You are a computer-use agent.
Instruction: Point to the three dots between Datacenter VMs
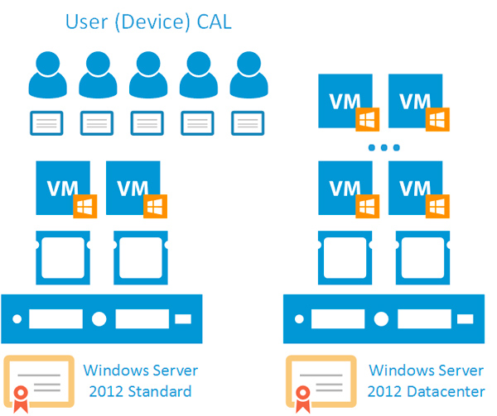pos(384,148)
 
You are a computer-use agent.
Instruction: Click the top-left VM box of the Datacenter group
pos(345,100)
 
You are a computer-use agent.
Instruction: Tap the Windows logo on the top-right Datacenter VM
pos(437,120)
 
